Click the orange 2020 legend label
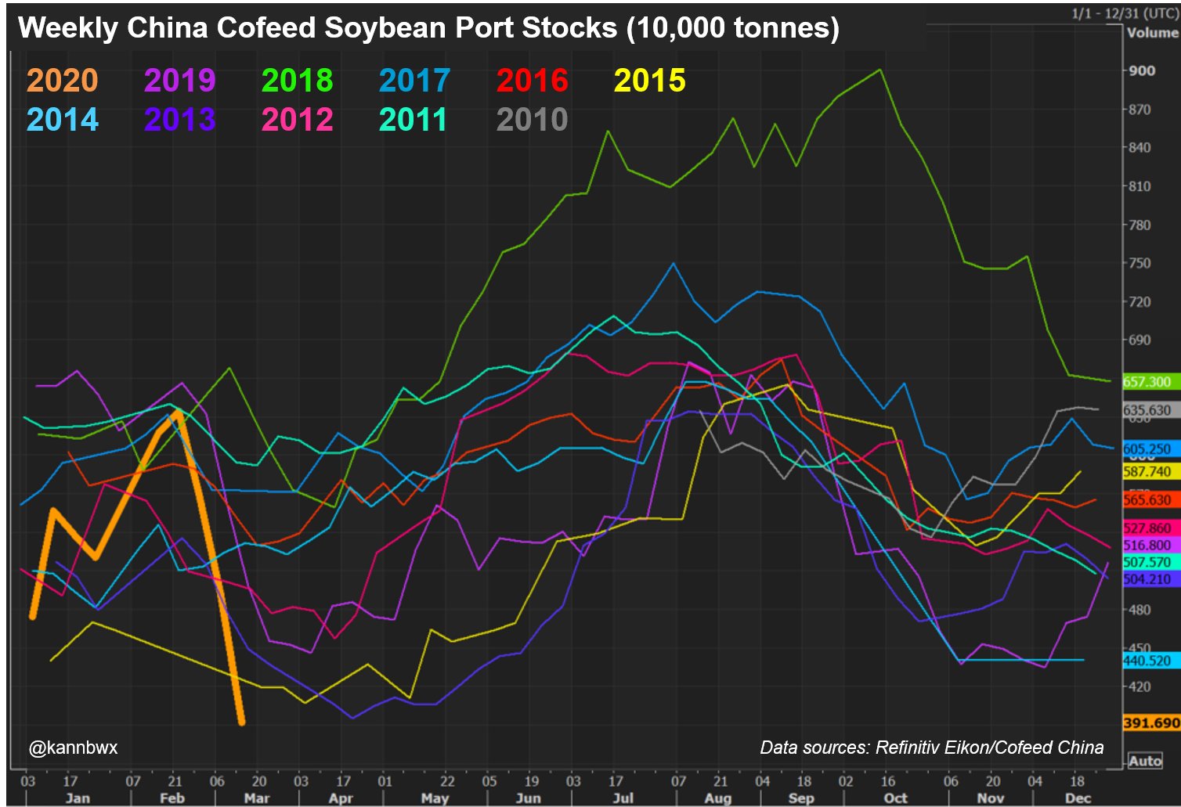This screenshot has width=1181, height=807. (63, 81)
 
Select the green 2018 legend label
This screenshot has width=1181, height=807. (298, 81)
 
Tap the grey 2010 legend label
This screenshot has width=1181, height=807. (533, 120)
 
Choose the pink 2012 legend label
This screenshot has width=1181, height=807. (298, 120)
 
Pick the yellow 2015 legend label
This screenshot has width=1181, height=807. (650, 81)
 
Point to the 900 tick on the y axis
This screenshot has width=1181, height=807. (1141, 70)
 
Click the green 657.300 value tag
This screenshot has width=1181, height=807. (1147, 382)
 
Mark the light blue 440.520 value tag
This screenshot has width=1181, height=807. (1147, 661)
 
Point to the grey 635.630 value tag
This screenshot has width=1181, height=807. (1147, 411)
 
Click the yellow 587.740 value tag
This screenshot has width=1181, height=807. (1147, 472)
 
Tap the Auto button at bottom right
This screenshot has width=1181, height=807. (1145, 761)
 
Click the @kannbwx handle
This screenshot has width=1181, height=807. (74, 748)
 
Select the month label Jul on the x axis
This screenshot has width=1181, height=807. (623, 798)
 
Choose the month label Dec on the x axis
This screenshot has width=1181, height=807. (1078, 798)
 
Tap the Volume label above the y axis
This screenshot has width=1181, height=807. (1152, 33)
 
